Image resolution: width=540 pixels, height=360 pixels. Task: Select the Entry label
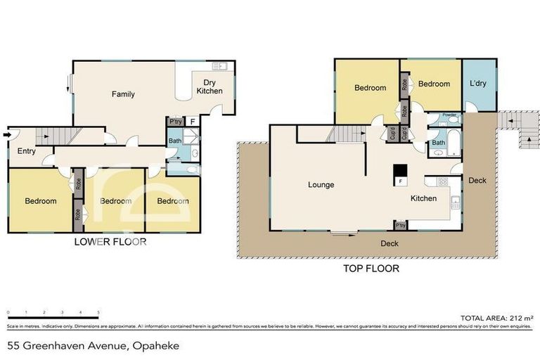point(27,150)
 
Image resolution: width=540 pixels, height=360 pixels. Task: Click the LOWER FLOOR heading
point(110,242)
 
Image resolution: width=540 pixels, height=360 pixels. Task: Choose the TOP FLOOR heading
point(371,268)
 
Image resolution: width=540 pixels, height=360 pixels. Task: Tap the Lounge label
point(320,185)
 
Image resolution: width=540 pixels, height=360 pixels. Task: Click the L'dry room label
point(478,84)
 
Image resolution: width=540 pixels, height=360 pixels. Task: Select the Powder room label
point(449,115)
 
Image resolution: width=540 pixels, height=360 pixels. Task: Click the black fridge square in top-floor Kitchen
point(399,171)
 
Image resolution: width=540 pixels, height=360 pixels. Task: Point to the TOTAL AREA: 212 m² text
point(495,318)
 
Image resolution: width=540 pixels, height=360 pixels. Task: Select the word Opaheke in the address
point(155,345)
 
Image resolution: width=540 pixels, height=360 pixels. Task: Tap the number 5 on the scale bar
point(98,311)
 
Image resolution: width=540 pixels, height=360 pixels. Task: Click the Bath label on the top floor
point(438,143)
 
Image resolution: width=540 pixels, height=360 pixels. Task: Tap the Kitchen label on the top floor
point(423,198)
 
